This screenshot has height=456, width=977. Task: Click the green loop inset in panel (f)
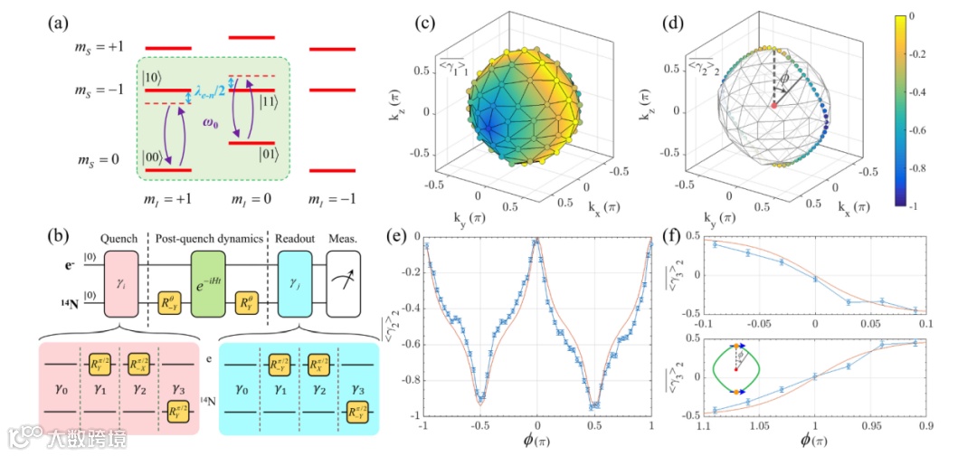[x=738, y=367]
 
